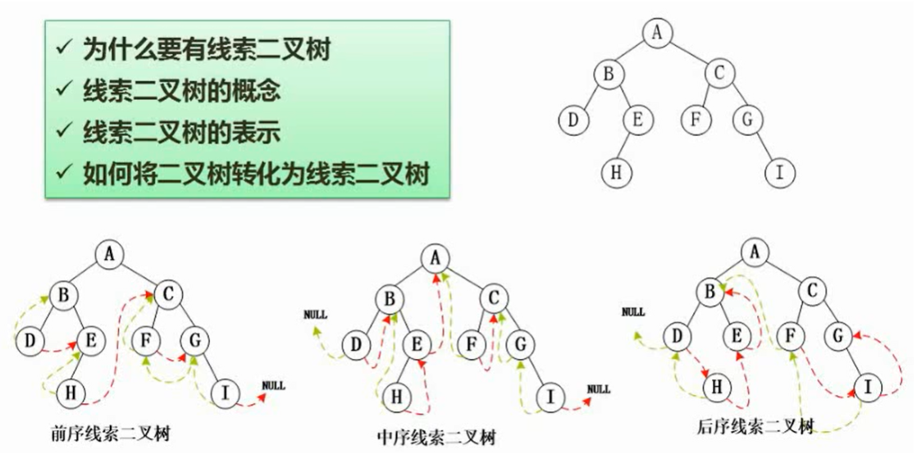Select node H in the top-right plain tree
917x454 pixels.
(x=614, y=173)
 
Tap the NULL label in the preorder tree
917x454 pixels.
(x=272, y=384)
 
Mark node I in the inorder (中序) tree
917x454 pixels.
(x=550, y=397)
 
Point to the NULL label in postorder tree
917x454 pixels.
(x=633, y=311)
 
